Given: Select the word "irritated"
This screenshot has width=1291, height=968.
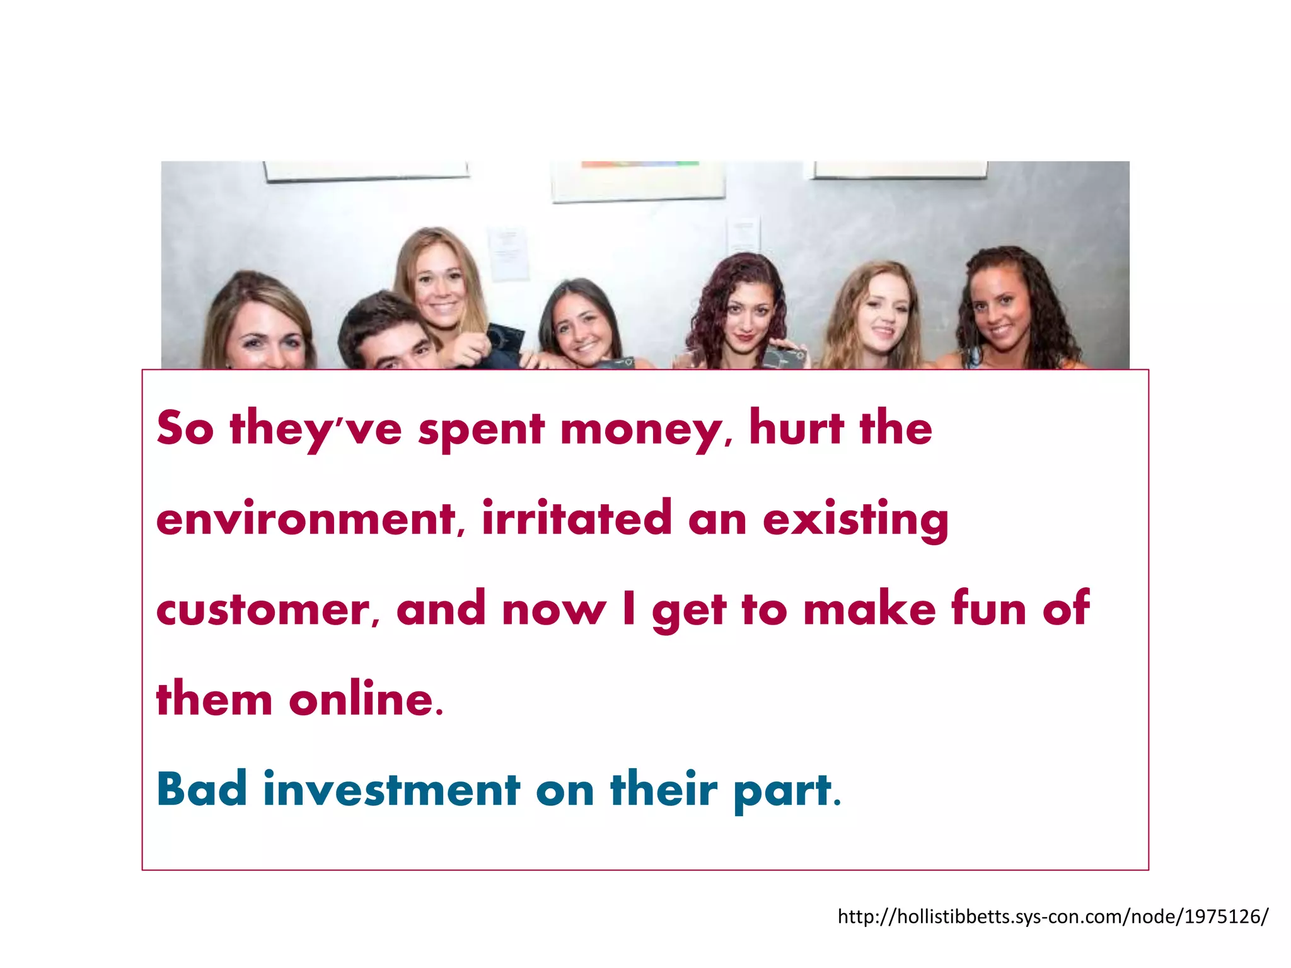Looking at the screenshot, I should pos(577,518).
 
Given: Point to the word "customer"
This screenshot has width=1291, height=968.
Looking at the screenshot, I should pos(263,610).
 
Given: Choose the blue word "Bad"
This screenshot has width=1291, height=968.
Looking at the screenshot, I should pos(201,789).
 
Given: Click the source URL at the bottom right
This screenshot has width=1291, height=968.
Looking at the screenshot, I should pos(1052,916).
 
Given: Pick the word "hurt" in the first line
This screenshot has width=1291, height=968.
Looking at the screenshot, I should pos(796,429).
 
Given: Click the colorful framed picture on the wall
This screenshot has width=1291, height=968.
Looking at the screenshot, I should pos(638,180).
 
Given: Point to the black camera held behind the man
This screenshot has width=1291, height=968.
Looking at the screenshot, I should pos(504,340).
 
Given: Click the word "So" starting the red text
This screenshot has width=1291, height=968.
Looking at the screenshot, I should pos(185,429).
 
